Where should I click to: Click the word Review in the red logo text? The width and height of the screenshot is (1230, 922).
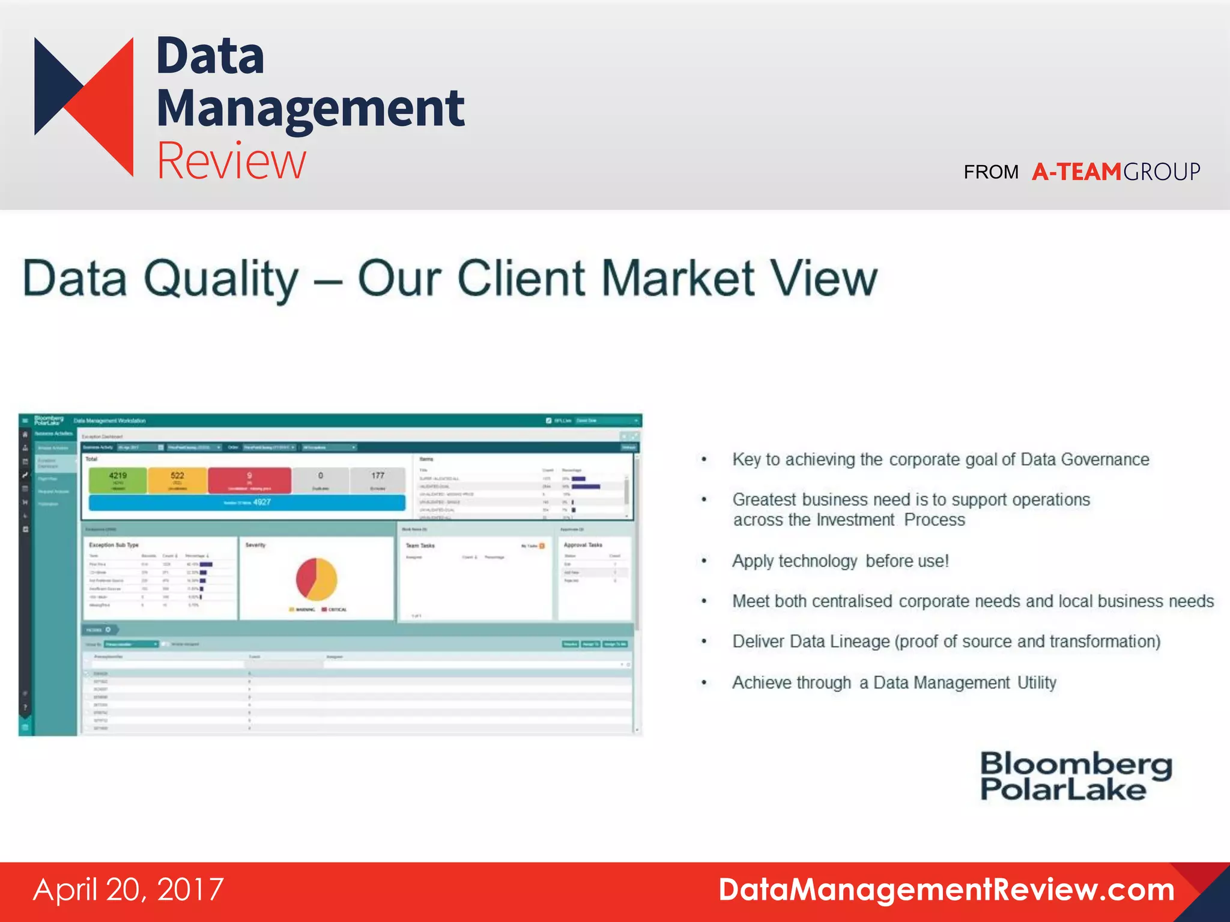(231, 161)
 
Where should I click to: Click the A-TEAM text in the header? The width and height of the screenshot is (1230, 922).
(1076, 172)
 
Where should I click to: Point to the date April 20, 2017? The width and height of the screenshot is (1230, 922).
(129, 890)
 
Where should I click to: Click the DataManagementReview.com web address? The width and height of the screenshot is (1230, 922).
(947, 890)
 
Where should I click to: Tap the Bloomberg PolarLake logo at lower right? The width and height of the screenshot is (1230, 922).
(1075, 777)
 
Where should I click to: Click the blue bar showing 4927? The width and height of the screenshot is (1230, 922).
(247, 502)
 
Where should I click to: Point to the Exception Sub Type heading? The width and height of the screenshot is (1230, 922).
(114, 545)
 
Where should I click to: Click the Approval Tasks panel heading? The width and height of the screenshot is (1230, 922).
(583, 545)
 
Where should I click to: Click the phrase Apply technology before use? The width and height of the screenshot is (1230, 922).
(840, 561)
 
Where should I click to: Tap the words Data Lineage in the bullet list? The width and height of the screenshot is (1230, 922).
(840, 642)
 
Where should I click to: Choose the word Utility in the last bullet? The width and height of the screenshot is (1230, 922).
(1037, 683)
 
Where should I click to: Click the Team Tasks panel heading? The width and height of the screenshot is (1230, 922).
(420, 546)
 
